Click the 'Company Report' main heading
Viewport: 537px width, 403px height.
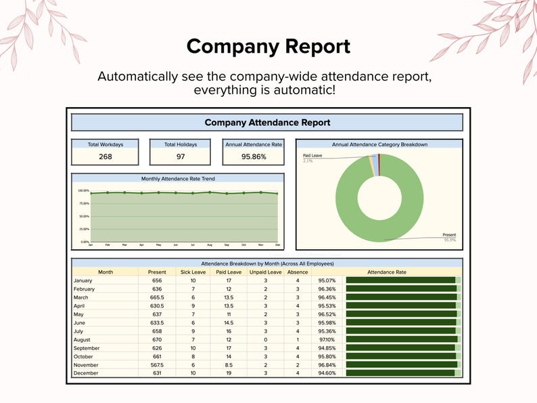(268, 47)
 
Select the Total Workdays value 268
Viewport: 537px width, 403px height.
(106, 156)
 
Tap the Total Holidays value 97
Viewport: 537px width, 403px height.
(181, 156)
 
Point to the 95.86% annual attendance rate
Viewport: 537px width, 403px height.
(254, 156)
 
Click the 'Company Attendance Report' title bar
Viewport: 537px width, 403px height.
(267, 123)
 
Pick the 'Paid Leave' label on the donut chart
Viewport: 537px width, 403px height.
(312, 156)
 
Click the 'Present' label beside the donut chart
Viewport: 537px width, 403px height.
(449, 235)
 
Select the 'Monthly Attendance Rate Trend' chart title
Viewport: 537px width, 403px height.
(178, 179)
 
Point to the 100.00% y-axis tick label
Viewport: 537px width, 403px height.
(83, 191)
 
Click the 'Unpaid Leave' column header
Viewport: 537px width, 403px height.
(265, 272)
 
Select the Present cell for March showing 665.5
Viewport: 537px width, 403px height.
(157, 297)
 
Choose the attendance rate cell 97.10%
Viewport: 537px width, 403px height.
(327, 339)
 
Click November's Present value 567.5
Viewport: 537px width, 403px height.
(157, 364)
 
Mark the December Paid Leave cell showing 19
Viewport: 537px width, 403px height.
(229, 373)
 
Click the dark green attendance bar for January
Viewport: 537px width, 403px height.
(400, 280)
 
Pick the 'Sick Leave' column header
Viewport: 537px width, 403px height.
(193, 272)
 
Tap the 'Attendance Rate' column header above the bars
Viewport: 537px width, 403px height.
(387, 272)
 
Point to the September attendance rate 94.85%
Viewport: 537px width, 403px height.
(327, 347)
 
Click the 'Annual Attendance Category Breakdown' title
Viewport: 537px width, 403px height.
(379, 144)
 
